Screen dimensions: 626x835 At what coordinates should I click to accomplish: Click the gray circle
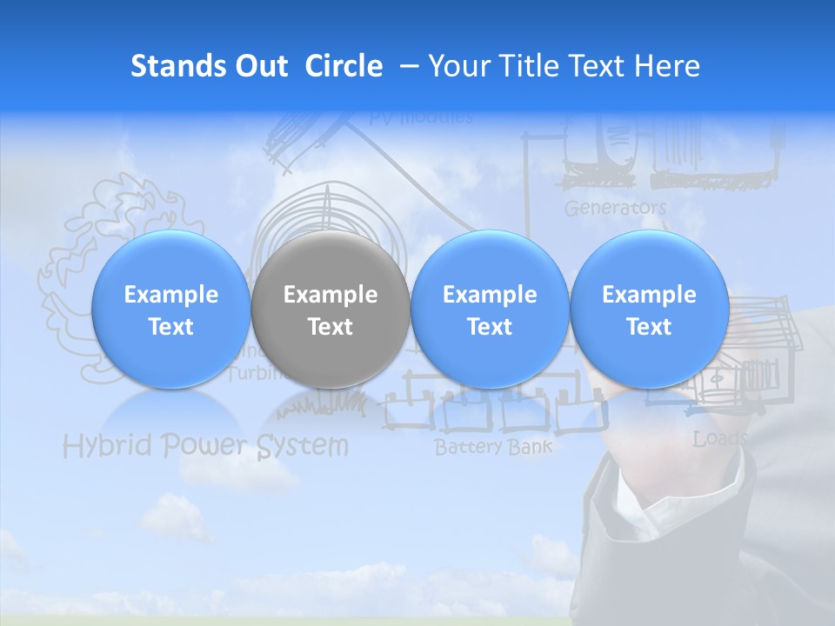click(x=330, y=310)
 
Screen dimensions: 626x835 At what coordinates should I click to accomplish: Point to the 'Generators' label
click(x=615, y=209)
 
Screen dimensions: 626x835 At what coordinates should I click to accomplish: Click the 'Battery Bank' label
click(x=493, y=448)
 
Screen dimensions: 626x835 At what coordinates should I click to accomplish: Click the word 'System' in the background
click(x=303, y=446)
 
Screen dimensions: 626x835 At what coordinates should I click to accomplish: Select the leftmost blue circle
click(x=170, y=310)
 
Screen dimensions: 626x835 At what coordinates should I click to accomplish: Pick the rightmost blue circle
click(x=649, y=310)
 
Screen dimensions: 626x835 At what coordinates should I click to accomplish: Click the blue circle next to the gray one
click(x=489, y=310)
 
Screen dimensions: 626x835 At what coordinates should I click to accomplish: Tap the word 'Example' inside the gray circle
click(x=330, y=295)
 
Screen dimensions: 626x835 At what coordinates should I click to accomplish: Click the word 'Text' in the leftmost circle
click(x=170, y=327)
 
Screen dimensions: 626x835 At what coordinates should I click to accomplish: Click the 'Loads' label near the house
click(x=718, y=439)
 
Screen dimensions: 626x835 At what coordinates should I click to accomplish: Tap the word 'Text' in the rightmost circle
click(x=649, y=327)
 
